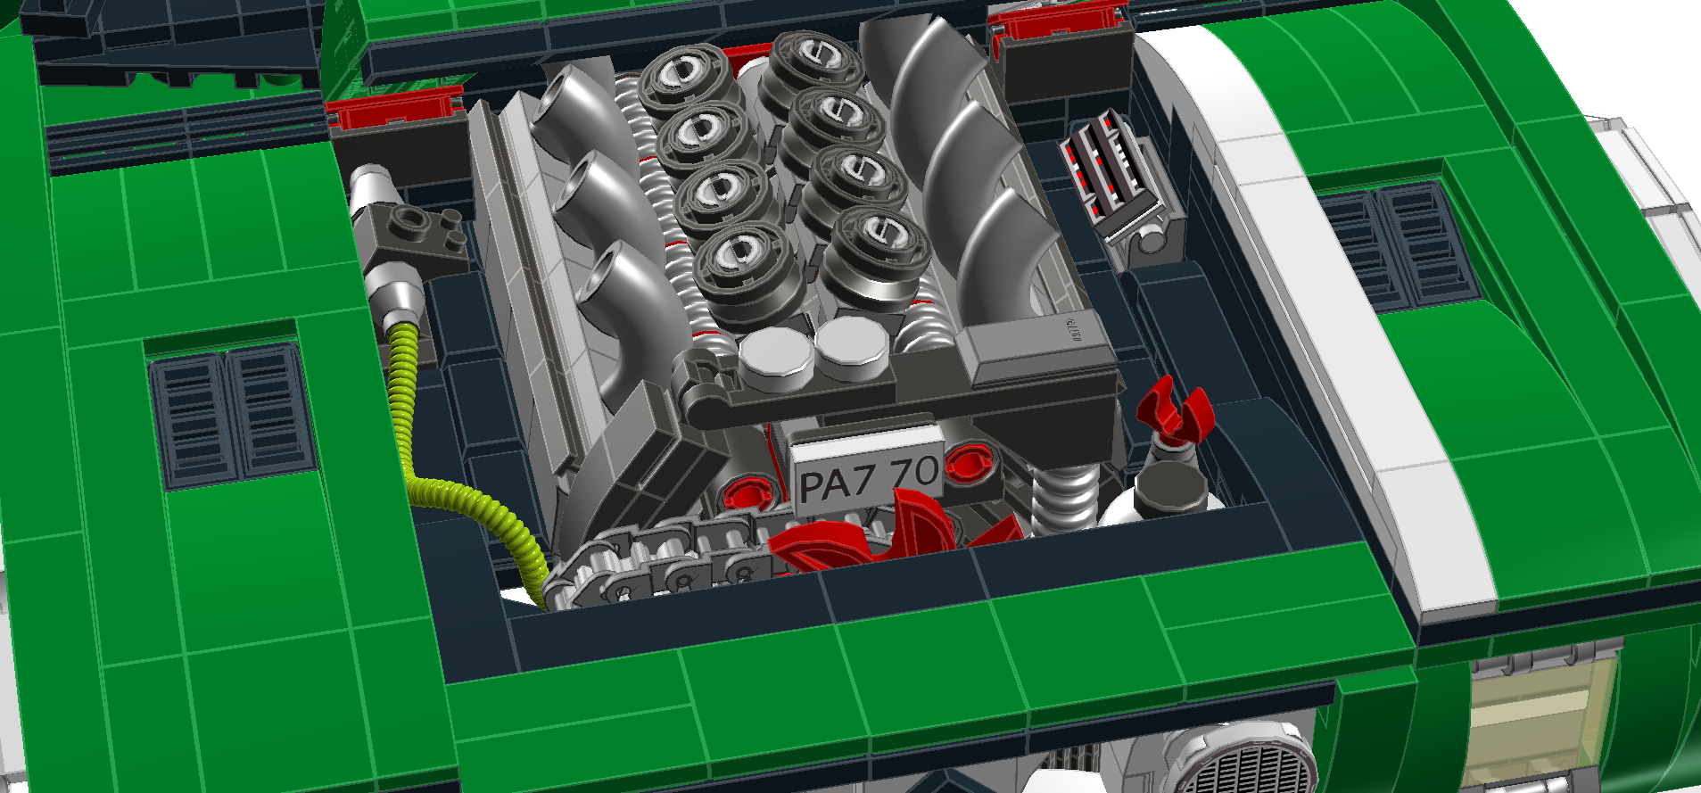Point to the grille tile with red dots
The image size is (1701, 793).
click(x=1111, y=174)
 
